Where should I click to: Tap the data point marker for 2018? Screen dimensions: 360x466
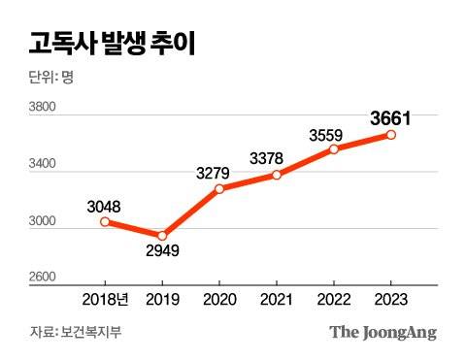tap(105, 222)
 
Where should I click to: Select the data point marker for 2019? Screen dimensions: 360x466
tap(162, 236)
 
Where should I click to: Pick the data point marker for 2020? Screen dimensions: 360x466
tap(219, 188)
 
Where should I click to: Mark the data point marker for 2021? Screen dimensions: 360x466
tap(277, 175)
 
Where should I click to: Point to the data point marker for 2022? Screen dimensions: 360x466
tap(334, 149)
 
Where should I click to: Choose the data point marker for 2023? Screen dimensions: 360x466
tap(391, 135)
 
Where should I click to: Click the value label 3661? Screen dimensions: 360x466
tap(391, 118)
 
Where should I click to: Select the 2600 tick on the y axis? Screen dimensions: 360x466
tap(44, 278)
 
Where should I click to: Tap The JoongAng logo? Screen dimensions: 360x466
tap(383, 333)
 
